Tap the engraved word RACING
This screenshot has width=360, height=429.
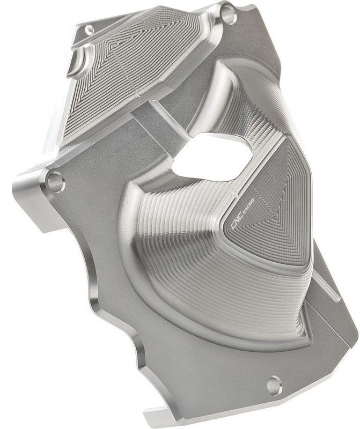[249, 203]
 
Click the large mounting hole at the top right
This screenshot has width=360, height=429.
[229, 14]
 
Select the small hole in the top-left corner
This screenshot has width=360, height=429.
[89, 29]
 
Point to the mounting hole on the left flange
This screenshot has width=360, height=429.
[55, 182]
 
